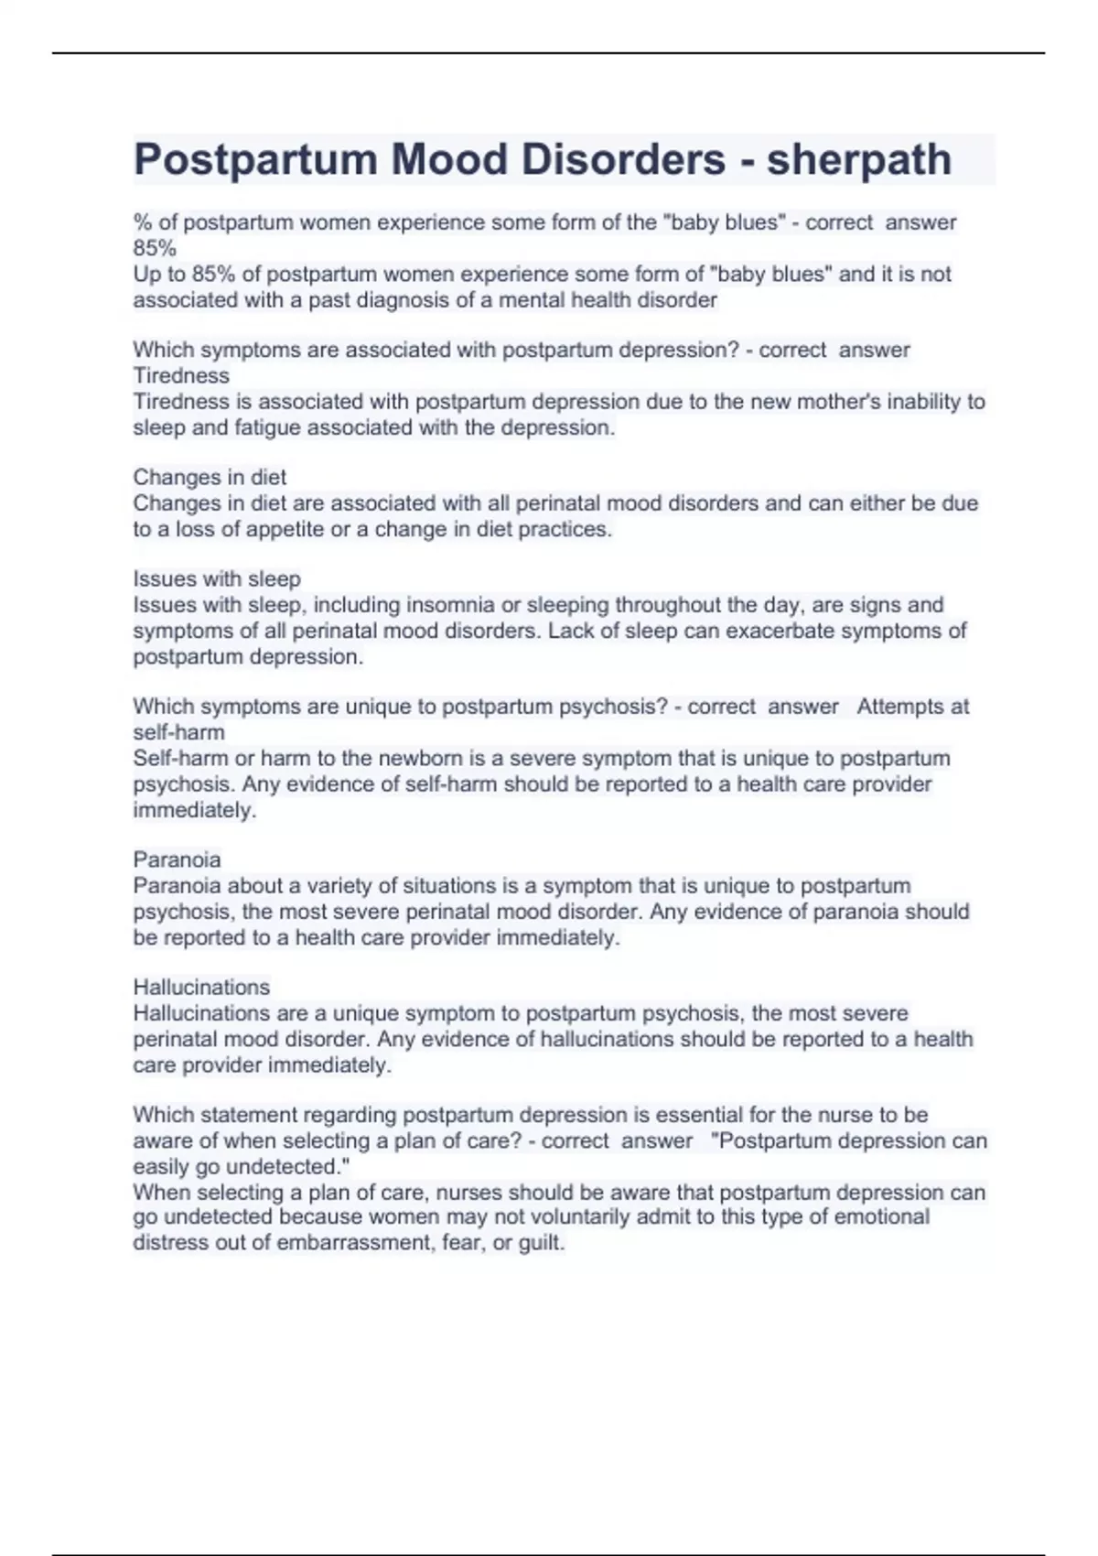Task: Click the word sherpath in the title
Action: [x=858, y=160]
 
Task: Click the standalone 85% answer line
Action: [x=155, y=248]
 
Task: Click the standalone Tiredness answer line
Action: [x=181, y=375]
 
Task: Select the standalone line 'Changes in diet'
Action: [x=210, y=477]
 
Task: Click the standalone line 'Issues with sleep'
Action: [x=217, y=578]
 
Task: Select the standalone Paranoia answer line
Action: [x=177, y=859]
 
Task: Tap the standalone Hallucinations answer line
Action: [x=201, y=987]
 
